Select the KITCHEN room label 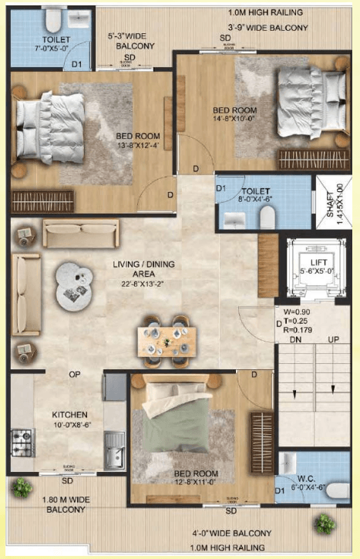[69, 413]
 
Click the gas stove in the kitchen [22, 442]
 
